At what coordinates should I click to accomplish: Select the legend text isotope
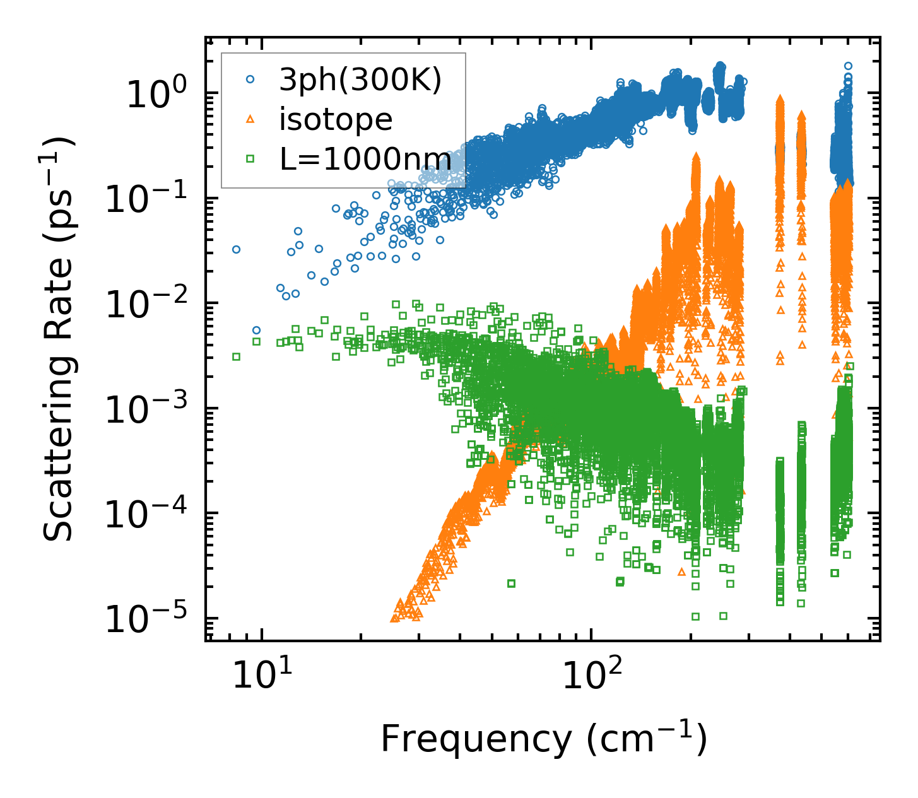[336, 119]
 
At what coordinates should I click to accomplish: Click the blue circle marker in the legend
[250, 79]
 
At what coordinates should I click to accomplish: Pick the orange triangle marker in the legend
[250, 119]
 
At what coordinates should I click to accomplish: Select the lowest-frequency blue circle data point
[236, 249]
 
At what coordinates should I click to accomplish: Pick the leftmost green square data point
[236, 356]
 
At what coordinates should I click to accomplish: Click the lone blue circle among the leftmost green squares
[256, 330]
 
